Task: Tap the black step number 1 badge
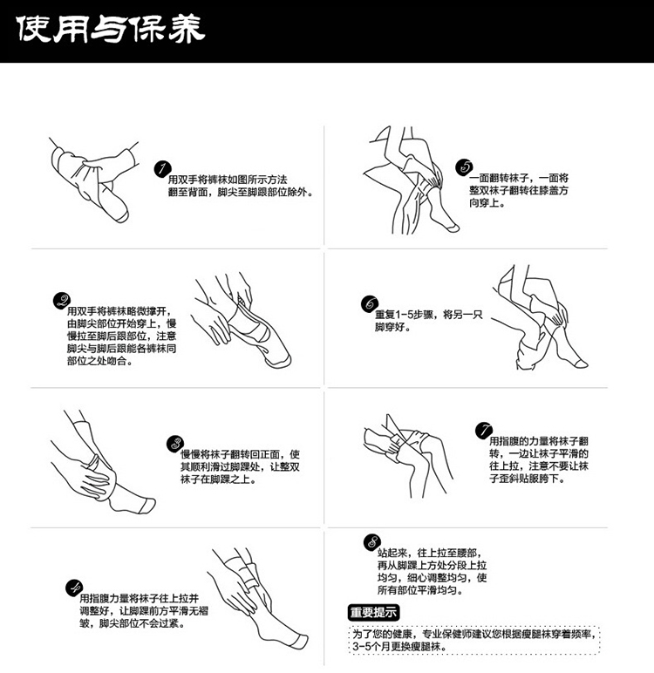pyautogui.click(x=161, y=169)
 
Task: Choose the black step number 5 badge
pyautogui.click(x=465, y=167)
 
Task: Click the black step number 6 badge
pyautogui.click(x=370, y=304)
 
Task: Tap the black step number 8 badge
pyautogui.click(x=374, y=544)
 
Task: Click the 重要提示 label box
pyautogui.click(x=374, y=611)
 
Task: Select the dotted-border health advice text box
pyautogui.click(x=476, y=641)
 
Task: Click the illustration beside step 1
pyautogui.click(x=90, y=174)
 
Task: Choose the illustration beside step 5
pyautogui.click(x=410, y=183)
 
